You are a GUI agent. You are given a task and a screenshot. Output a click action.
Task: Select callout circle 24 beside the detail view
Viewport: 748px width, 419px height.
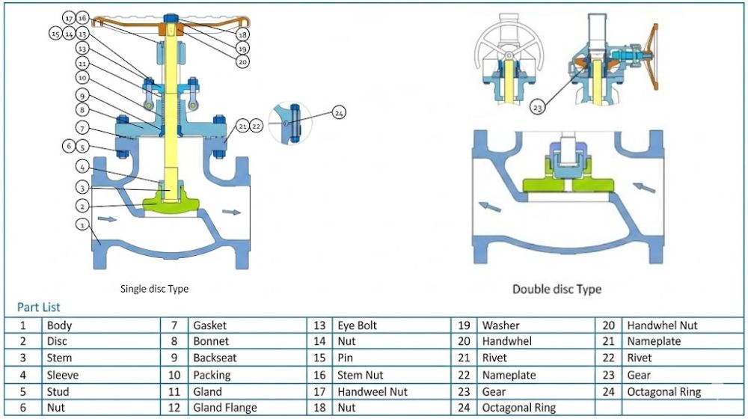click(x=339, y=113)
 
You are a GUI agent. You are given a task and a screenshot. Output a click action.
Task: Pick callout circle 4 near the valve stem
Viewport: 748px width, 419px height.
click(x=83, y=166)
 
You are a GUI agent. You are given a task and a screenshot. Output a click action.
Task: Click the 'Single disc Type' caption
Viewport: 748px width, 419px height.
click(x=154, y=288)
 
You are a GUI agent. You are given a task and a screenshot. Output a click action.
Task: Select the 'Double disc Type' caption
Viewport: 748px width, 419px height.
click(x=557, y=289)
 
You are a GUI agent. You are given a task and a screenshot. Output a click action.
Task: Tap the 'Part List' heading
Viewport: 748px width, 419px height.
click(x=38, y=307)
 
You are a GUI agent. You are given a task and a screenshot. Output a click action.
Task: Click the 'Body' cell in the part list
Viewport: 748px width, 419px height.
click(x=60, y=325)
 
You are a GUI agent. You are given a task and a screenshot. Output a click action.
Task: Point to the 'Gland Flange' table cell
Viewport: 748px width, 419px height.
click(x=224, y=408)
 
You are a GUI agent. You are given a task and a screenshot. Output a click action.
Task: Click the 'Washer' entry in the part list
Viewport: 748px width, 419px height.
click(x=500, y=325)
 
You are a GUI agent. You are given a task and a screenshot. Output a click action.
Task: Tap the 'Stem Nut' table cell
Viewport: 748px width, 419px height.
click(x=361, y=375)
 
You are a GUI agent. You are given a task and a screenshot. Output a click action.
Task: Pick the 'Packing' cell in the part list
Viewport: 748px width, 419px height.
click(x=212, y=375)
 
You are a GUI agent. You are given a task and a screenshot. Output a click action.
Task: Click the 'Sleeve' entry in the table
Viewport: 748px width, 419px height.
click(x=62, y=375)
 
